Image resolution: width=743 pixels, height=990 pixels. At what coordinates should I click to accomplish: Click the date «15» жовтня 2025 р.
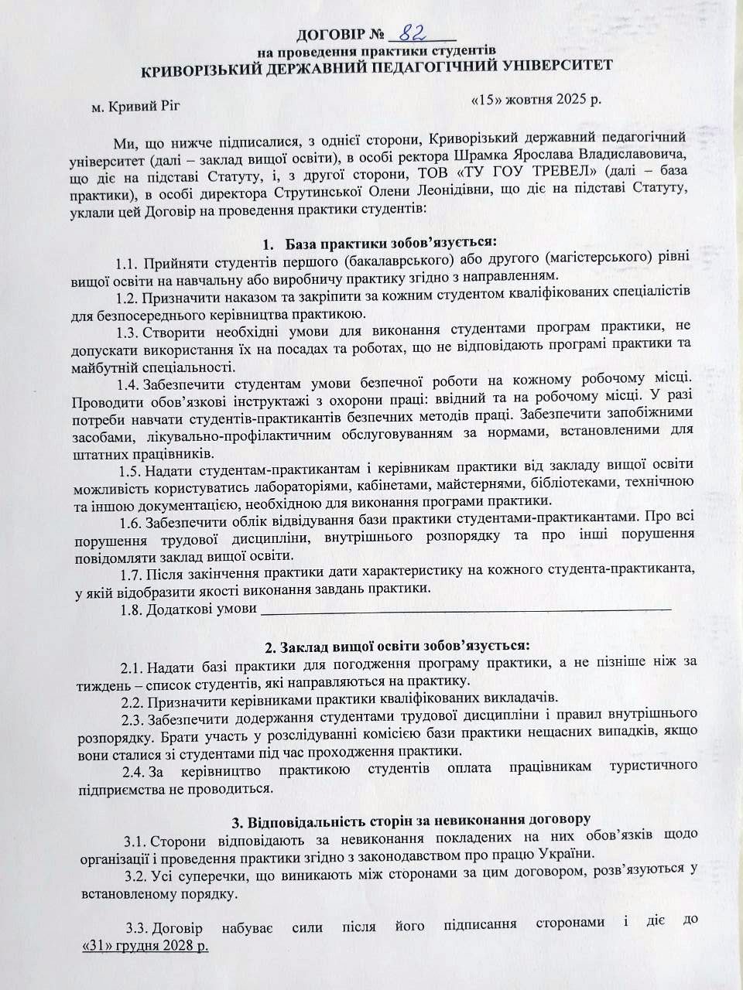tap(536, 100)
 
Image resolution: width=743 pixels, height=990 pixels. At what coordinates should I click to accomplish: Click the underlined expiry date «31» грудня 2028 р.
tap(145, 946)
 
